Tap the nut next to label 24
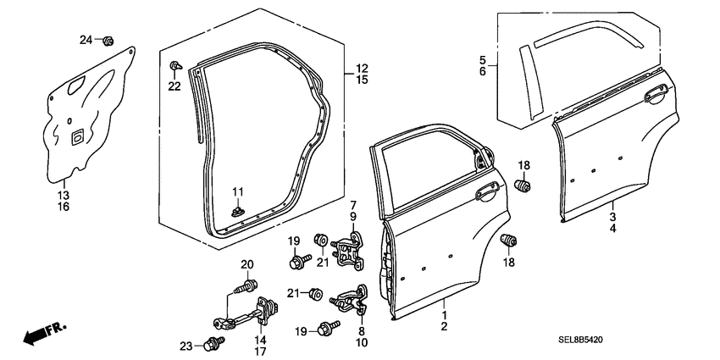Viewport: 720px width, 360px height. pos(108,40)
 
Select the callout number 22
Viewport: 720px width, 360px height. pos(174,86)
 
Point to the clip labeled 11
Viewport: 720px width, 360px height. pos(238,208)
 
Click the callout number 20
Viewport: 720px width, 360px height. pos(247,265)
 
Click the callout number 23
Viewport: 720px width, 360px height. pos(187,345)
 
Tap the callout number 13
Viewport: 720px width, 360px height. pos(64,194)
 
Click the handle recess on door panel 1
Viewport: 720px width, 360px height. pos(485,194)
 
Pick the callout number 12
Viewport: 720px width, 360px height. pos(362,68)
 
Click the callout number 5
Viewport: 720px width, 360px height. pos(483,60)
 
